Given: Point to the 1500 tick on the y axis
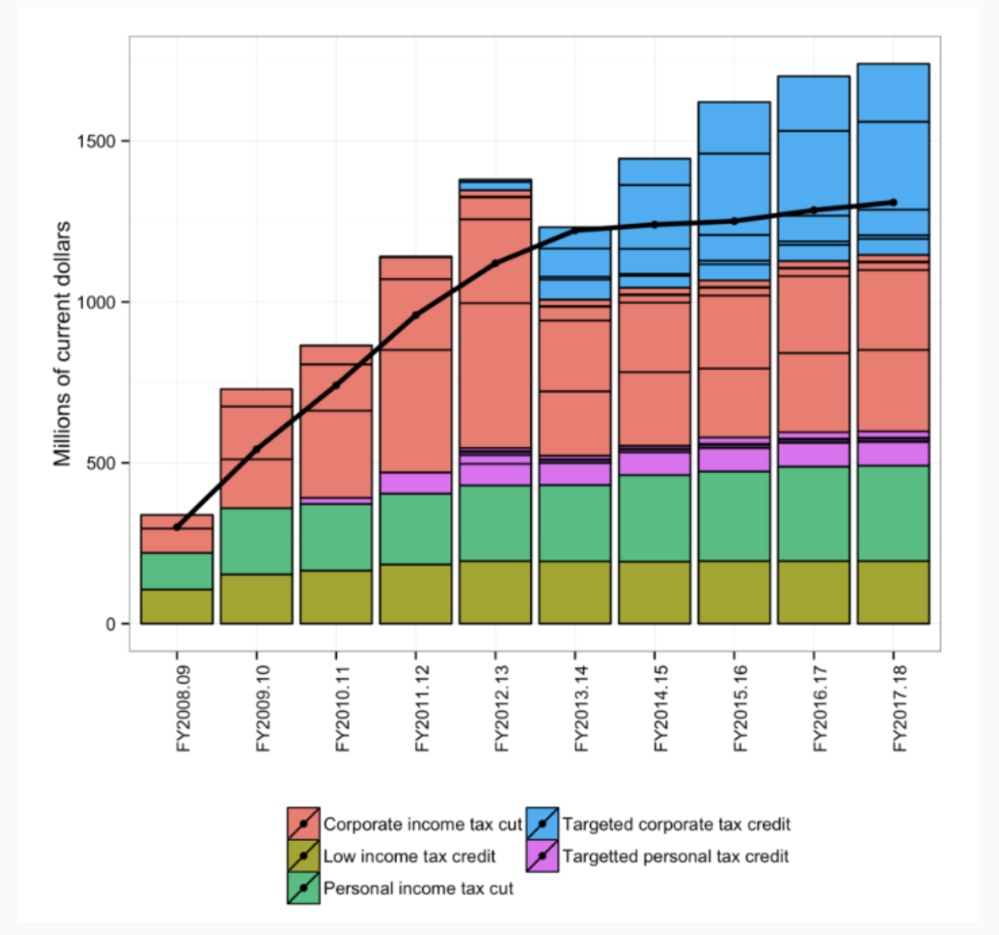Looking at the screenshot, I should [96, 141].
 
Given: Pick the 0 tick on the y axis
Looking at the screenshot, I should [111, 625].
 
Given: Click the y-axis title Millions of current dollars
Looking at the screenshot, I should [62, 344].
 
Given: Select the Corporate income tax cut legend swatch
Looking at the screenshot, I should [303, 823].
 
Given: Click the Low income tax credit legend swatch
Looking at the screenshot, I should [303, 856].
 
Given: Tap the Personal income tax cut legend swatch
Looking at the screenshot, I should [303, 888].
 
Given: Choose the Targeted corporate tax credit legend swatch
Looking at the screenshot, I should [542, 823].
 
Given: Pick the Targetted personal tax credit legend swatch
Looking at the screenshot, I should [542, 856].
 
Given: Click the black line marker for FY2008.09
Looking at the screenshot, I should [177, 528].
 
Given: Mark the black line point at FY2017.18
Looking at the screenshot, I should [894, 202].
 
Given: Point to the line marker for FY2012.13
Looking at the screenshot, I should [495, 263].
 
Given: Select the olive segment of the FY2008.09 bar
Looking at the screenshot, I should [177, 607].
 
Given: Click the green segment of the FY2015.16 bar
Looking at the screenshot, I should [734, 516].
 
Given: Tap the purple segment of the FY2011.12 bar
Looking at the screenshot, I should [416, 483].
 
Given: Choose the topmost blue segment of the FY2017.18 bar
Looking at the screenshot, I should [894, 93].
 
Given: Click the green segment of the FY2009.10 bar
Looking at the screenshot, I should [256, 541].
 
